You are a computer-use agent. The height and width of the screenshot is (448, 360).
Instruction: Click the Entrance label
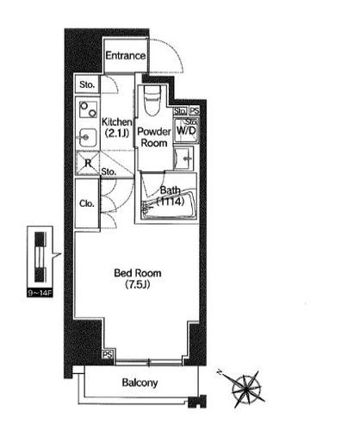(x=126, y=55)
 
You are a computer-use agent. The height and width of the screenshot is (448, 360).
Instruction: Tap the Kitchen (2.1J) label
(x=117, y=128)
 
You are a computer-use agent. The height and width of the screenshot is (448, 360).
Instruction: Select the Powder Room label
(x=154, y=137)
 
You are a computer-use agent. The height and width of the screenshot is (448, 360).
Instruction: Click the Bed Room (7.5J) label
(x=138, y=278)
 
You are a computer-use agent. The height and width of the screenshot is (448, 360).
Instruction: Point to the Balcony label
(x=140, y=383)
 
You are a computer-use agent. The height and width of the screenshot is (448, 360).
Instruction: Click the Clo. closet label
(x=87, y=203)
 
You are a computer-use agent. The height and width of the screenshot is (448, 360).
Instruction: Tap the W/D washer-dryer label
(x=186, y=131)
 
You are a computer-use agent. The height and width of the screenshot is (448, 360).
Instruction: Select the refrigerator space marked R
(x=88, y=163)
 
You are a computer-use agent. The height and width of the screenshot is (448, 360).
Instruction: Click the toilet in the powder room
(x=152, y=101)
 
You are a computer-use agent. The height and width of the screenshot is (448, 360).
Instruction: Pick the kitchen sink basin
(x=88, y=137)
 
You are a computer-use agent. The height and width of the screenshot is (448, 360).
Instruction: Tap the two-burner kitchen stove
(x=88, y=109)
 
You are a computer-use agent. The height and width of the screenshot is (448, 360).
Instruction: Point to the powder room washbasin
(x=184, y=159)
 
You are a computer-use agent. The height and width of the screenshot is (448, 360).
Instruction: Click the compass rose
(x=246, y=389)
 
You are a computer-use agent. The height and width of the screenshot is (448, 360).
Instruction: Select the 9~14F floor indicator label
(x=40, y=293)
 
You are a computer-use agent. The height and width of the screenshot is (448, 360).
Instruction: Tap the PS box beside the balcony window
(x=108, y=354)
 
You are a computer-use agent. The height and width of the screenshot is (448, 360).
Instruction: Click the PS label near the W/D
(x=195, y=110)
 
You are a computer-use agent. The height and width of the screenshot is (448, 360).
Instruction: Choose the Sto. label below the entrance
(x=87, y=84)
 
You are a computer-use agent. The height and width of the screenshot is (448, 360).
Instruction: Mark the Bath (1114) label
(x=171, y=196)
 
